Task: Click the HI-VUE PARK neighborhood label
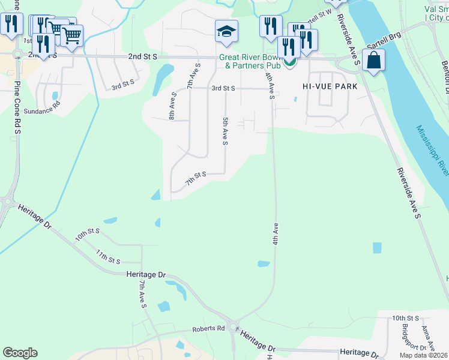(x=330, y=86)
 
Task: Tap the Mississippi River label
(x=433, y=151)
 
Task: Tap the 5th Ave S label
(x=225, y=131)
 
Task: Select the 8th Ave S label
(x=172, y=106)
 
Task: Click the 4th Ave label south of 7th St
(x=276, y=233)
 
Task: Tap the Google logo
(x=20, y=353)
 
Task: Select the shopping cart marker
(x=71, y=35)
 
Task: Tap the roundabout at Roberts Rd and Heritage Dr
(x=235, y=331)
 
